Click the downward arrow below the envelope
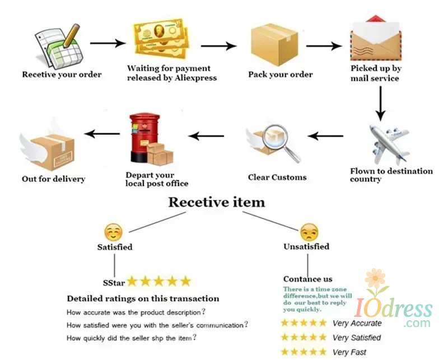point(381,104)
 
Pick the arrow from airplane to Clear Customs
point(326,135)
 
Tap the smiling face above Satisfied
point(113,232)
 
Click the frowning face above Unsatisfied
point(309,232)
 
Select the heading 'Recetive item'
point(217,202)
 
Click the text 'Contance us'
point(307,279)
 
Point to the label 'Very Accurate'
point(357,323)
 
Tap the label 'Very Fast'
point(349,352)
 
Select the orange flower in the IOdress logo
point(376,279)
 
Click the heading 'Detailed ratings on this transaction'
point(143,298)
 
